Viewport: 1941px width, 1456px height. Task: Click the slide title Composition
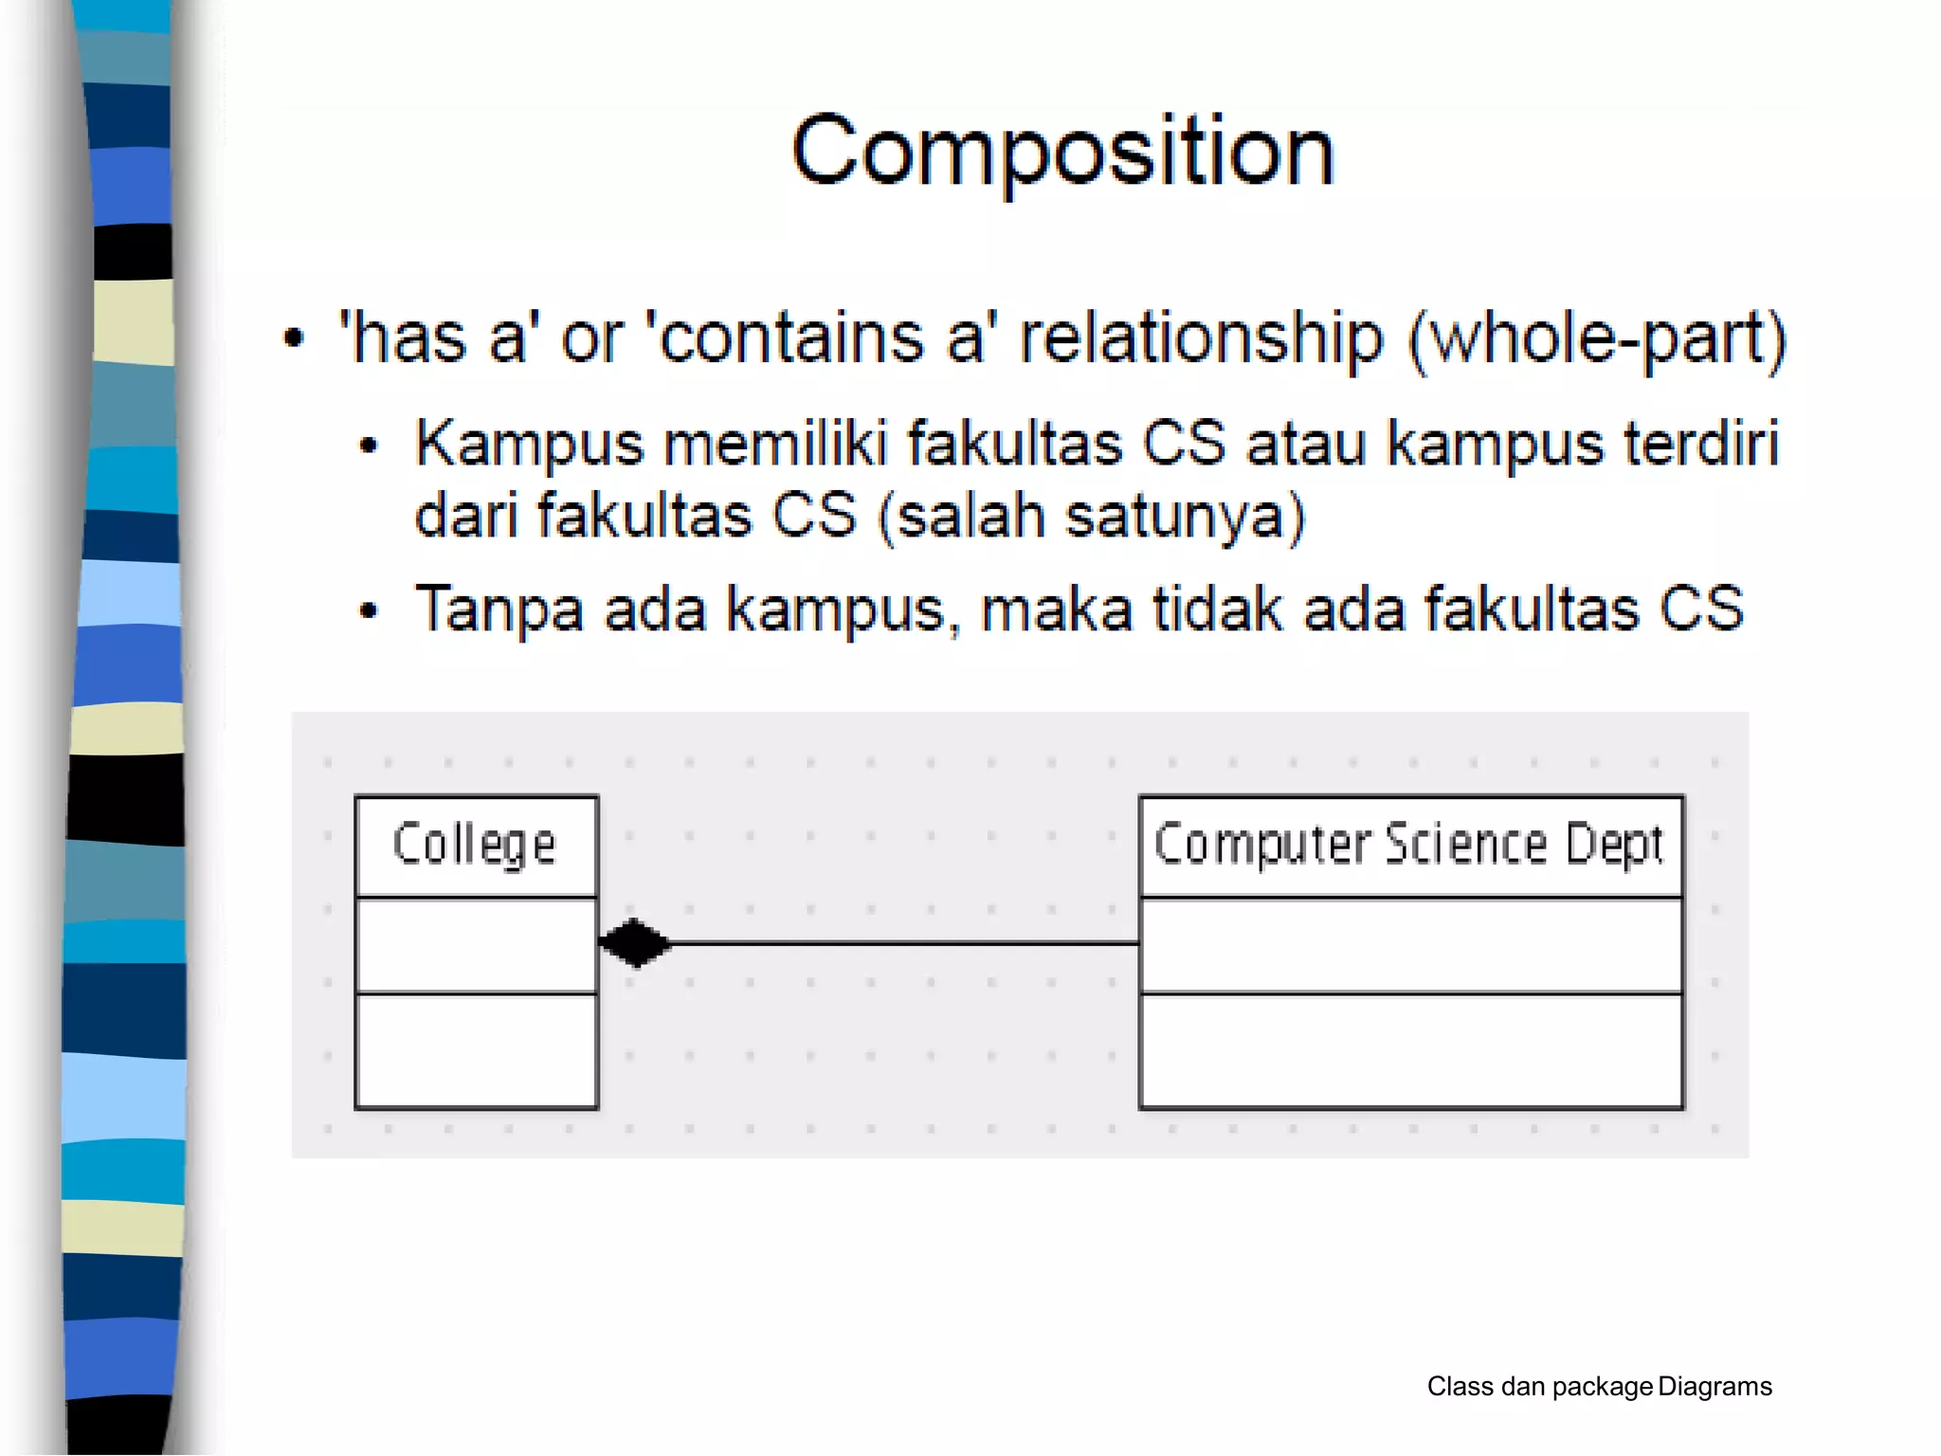click(1062, 152)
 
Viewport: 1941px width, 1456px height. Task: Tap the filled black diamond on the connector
click(634, 943)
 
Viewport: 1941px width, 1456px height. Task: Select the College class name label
click(475, 845)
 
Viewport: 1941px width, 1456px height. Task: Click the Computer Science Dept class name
click(1409, 845)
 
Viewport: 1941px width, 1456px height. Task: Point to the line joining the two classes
click(900, 943)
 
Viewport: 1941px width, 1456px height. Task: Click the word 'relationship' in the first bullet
click(1201, 337)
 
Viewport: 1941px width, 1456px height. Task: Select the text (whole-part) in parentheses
click(1597, 337)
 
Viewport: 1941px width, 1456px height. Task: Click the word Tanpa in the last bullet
click(499, 609)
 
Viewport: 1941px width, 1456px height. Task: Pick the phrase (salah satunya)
click(1092, 517)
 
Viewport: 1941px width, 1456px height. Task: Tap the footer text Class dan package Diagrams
click(1599, 1387)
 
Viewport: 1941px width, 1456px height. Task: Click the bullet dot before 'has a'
click(295, 338)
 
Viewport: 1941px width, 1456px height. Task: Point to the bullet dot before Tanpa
click(369, 610)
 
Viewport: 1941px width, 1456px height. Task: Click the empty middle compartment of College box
click(476, 945)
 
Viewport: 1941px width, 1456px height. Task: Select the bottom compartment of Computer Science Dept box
click(1410, 1050)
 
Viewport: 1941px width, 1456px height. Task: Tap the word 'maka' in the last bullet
click(1057, 609)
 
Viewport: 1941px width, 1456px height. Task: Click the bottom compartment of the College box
click(476, 1050)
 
